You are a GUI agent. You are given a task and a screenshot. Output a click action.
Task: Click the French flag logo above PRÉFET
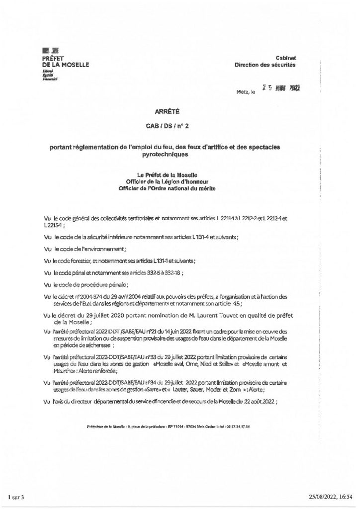50,51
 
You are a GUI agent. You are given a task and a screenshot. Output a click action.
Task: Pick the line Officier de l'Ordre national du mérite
167,188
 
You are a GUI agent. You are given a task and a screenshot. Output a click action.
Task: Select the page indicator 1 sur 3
17,497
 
